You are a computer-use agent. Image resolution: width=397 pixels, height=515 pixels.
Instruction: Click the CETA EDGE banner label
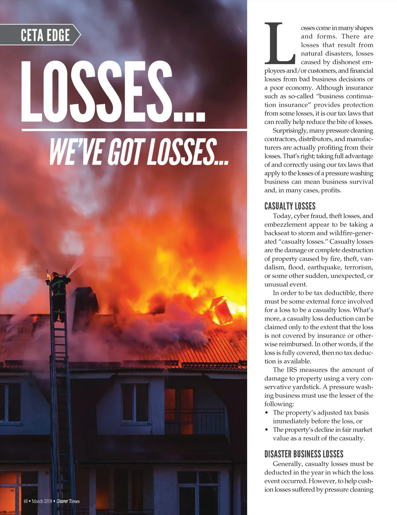click(45, 35)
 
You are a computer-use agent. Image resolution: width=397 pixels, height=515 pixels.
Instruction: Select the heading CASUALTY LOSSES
click(290, 206)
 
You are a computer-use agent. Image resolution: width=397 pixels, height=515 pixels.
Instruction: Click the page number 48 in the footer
click(25, 501)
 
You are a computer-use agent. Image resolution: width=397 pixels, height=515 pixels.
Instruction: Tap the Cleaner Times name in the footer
click(68, 501)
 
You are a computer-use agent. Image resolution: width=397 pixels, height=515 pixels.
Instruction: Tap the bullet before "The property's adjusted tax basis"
click(267, 413)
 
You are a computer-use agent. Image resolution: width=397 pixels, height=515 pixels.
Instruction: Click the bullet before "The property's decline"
click(267, 430)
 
